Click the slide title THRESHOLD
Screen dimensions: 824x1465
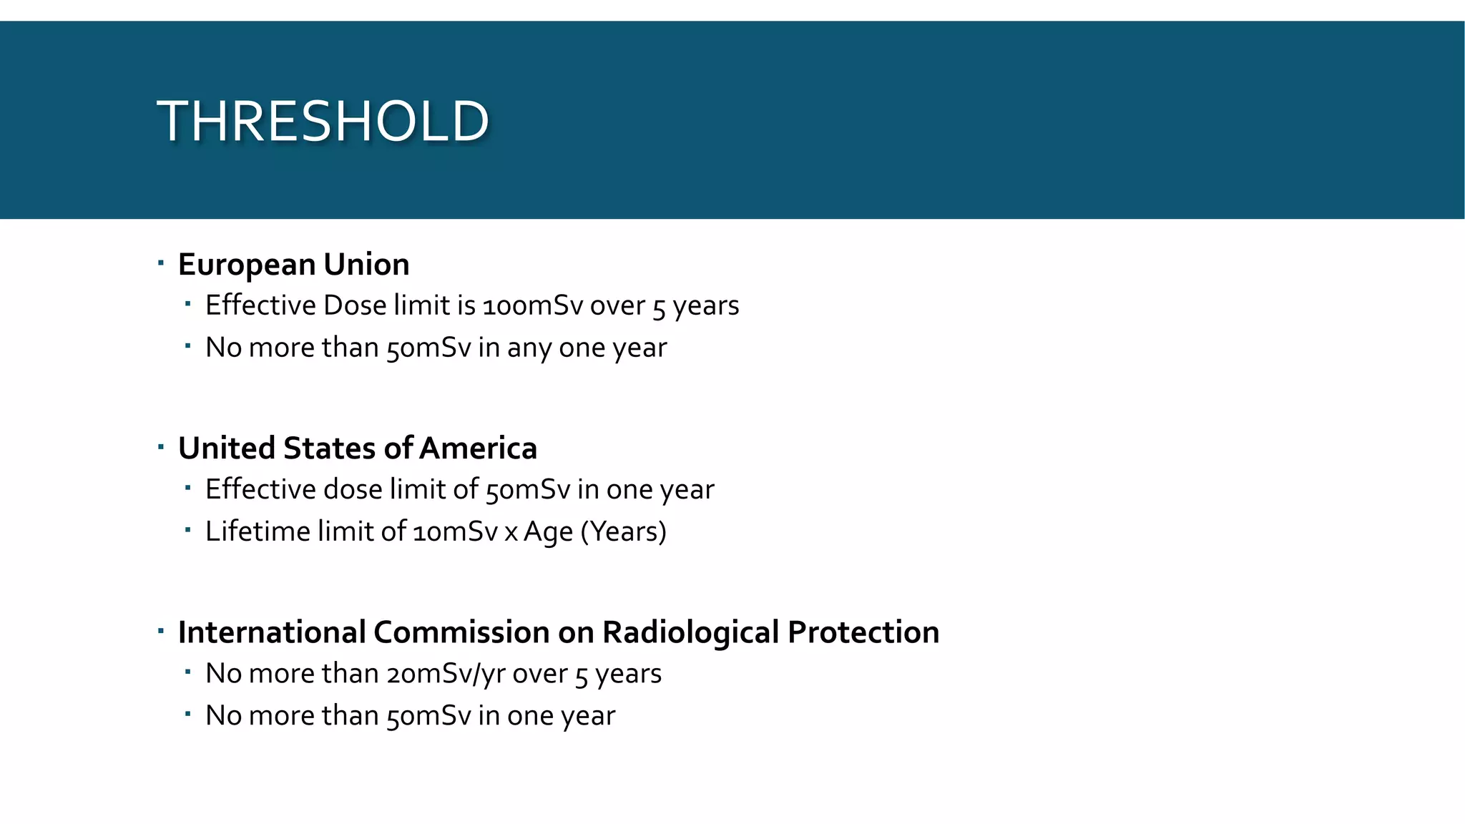[x=323, y=121]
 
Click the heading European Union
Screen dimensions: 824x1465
[x=293, y=265]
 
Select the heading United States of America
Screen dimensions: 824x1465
[x=357, y=448]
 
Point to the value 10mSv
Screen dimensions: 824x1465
[x=455, y=532]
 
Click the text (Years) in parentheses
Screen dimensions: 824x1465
[x=623, y=532]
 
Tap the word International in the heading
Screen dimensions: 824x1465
[x=271, y=632]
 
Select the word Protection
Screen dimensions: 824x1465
[x=863, y=632]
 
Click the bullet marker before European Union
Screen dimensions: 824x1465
[x=161, y=263]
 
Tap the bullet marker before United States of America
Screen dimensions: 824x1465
[x=161, y=448]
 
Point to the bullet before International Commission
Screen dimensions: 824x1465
[x=161, y=632]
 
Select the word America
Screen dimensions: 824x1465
[x=479, y=448]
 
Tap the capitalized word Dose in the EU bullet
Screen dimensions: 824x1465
[x=354, y=305]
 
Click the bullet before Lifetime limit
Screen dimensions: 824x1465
[x=187, y=531]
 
